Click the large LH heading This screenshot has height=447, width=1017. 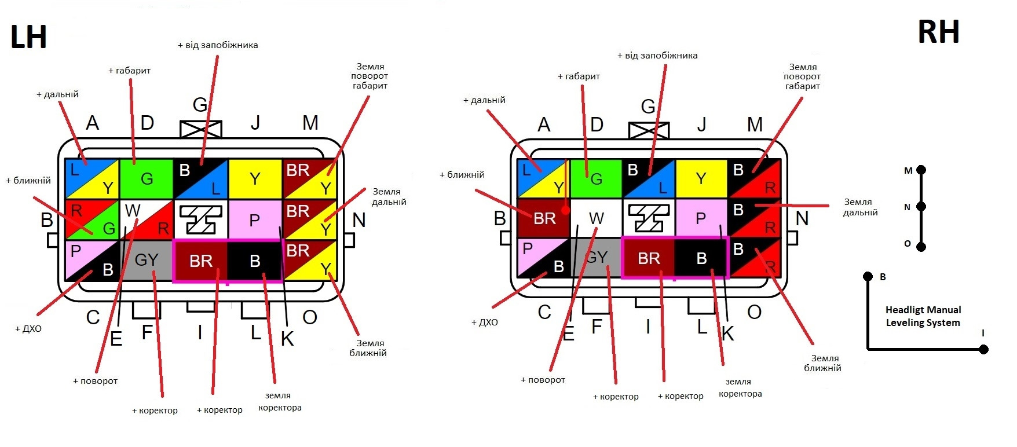(x=28, y=37)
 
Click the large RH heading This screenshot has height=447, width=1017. (x=938, y=32)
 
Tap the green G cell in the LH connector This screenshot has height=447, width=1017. (x=146, y=179)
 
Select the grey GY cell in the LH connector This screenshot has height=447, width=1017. (x=147, y=260)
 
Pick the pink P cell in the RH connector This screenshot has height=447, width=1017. (x=701, y=218)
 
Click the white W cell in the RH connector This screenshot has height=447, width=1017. (x=596, y=218)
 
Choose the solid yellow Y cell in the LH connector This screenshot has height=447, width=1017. (x=255, y=179)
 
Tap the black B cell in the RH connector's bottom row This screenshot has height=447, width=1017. (x=701, y=258)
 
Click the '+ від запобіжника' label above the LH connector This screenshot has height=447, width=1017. (x=218, y=45)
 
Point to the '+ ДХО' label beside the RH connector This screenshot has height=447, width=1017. (x=485, y=323)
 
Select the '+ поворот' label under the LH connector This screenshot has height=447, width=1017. (x=96, y=381)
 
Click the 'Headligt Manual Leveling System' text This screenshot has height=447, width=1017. (x=923, y=316)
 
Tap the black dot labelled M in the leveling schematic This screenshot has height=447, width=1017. (x=921, y=170)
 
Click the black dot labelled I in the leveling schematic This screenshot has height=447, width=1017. (x=983, y=349)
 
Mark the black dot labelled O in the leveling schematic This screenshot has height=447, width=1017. (x=921, y=247)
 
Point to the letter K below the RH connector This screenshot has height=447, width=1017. (x=728, y=334)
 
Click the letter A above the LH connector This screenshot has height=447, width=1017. (x=92, y=123)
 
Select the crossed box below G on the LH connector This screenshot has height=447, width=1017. (x=201, y=130)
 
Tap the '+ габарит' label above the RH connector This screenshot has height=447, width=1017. (x=579, y=76)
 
